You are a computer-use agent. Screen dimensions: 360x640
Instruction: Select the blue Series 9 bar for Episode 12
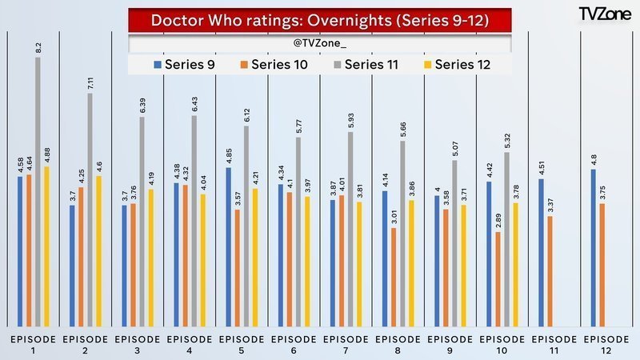[x=593, y=248]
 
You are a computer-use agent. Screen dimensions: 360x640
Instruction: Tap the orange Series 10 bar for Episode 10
[x=498, y=279]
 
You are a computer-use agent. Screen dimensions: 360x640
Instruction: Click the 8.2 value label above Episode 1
[x=38, y=48]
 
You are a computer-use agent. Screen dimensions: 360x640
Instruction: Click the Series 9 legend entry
[x=186, y=64]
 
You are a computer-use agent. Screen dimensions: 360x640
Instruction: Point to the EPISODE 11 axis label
[x=554, y=345]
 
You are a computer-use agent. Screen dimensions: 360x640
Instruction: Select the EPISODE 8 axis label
[x=398, y=345]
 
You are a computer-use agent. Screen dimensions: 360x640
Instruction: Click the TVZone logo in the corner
[x=604, y=14]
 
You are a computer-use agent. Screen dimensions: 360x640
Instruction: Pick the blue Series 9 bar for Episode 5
[x=229, y=247]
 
